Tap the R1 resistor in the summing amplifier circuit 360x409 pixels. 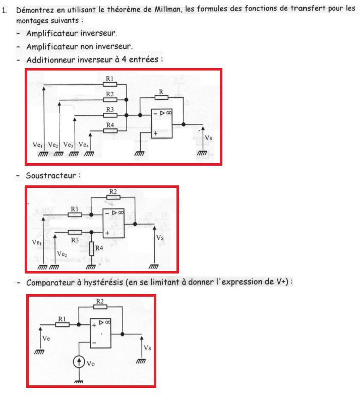pyautogui.click(x=109, y=84)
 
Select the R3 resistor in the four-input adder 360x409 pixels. pyautogui.click(x=109, y=115)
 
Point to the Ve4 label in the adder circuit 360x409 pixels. pyautogui.click(x=84, y=145)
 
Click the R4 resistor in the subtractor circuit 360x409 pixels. pyautogui.click(x=91, y=248)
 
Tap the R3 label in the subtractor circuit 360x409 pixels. pyautogui.click(x=75, y=240)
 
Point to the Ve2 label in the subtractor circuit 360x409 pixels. pyautogui.click(x=63, y=254)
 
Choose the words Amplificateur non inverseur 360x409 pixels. pyautogui.click(x=80, y=46)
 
